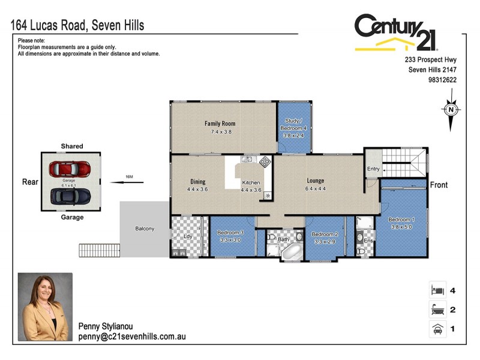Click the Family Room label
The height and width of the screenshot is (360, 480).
pyautogui.click(x=220, y=124)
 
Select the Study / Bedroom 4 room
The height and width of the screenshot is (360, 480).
pyautogui.click(x=294, y=128)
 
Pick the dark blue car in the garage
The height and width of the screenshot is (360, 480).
pyautogui.click(x=70, y=196)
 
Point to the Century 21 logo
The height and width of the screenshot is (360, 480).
pyautogui.click(x=396, y=32)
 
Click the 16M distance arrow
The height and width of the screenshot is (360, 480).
pyautogui.click(x=124, y=182)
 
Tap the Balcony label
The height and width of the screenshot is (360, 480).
pyautogui.click(x=145, y=229)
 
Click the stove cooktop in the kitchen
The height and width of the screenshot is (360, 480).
pyautogui.click(x=264, y=161)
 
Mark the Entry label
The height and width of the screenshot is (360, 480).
pyautogui.click(x=373, y=169)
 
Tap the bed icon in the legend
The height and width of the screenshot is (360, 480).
pyautogui.click(x=437, y=290)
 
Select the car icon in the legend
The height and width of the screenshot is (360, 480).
pyautogui.click(x=437, y=329)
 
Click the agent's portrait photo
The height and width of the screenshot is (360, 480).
pyautogui.click(x=45, y=307)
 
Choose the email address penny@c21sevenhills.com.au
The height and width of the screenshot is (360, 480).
pyautogui.click(x=132, y=337)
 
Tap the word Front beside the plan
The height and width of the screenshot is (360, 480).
pyautogui.click(x=439, y=185)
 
